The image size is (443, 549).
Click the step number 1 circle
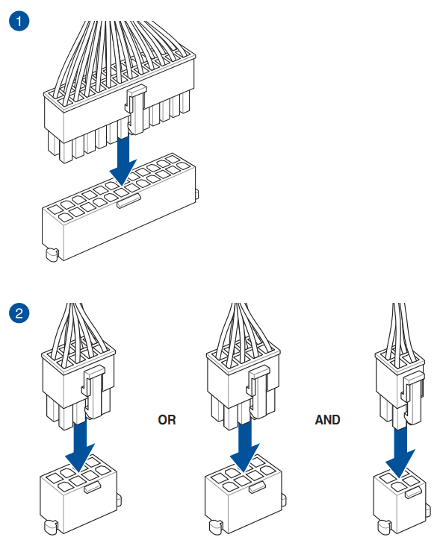(19, 21)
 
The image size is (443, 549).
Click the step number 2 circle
(19, 313)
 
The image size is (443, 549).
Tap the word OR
(167, 420)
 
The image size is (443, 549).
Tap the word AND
(327, 420)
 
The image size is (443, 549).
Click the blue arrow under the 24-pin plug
(123, 160)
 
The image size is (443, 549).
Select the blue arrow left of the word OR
(80, 445)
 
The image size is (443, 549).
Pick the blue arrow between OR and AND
(245, 445)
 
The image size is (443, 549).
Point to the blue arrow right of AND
(400, 452)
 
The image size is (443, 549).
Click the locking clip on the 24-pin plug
(136, 110)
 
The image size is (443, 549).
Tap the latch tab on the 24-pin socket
(128, 201)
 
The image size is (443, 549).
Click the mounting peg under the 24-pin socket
(52, 254)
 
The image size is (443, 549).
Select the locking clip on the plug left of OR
(93, 392)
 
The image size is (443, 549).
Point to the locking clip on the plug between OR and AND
(258, 392)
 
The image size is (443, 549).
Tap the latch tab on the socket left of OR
(93, 487)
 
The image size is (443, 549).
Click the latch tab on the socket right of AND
(413, 493)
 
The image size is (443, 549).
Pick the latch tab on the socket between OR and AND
(258, 487)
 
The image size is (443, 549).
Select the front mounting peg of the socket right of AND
(385, 527)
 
